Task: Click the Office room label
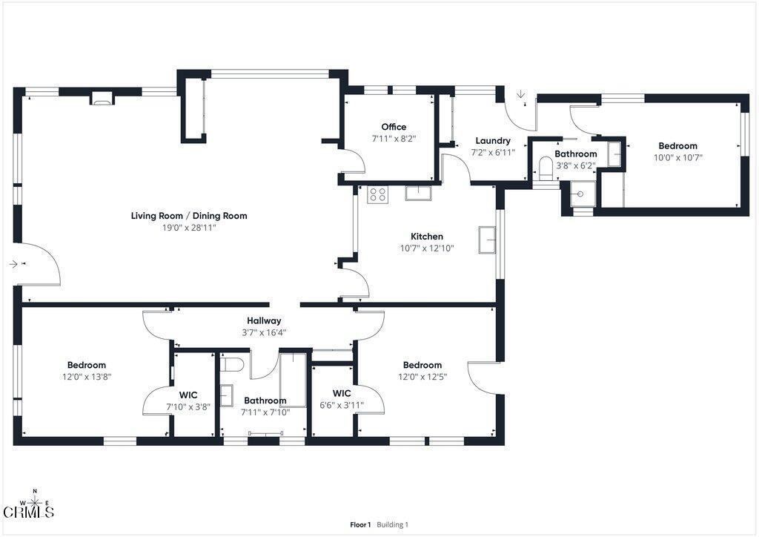[x=394, y=127]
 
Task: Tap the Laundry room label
[x=493, y=140]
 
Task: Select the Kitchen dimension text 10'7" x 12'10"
[x=426, y=248]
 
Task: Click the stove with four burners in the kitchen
[x=377, y=194]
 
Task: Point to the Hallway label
[x=264, y=320]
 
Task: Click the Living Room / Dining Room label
[x=189, y=216]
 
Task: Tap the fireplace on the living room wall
[x=102, y=99]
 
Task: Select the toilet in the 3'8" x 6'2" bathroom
[x=546, y=168]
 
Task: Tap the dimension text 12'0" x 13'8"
[x=87, y=377]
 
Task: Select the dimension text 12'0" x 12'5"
[x=422, y=377]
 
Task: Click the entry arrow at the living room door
[x=13, y=264]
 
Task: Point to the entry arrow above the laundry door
[x=521, y=94]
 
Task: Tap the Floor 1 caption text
[x=360, y=524]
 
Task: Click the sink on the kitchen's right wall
[x=487, y=240]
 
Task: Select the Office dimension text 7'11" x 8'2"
[x=394, y=139]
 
